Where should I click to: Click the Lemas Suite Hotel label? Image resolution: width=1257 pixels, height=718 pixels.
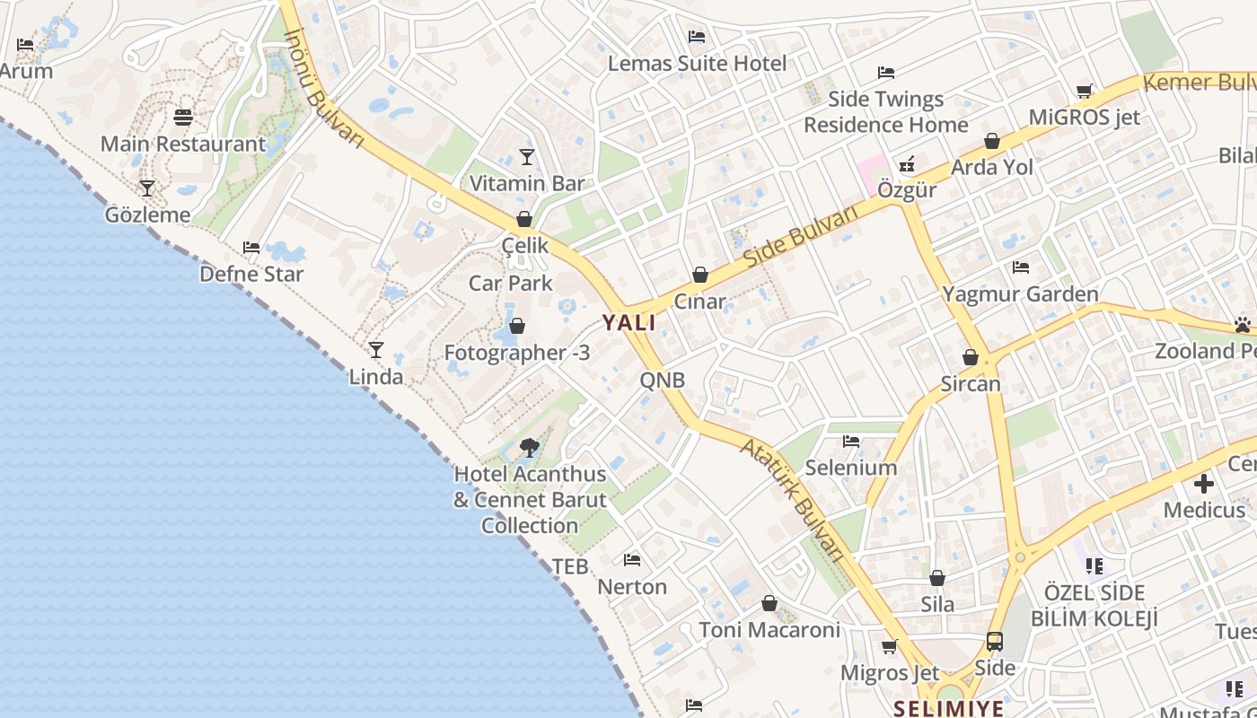697,64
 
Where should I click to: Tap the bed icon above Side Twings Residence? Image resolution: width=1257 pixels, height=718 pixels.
886,73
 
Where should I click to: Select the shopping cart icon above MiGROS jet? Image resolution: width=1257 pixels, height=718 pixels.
1084,91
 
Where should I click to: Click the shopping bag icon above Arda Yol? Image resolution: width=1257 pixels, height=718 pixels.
992,141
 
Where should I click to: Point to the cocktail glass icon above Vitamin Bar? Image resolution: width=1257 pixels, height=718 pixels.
527,157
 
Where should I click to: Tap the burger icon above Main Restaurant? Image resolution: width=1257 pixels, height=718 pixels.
183,118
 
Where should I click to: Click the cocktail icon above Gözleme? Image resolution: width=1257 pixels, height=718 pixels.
147,188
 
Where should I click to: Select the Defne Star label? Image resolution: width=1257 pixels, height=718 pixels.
251,274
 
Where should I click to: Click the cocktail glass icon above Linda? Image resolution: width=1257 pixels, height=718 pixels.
376,350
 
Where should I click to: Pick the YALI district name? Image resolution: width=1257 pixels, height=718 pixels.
628,323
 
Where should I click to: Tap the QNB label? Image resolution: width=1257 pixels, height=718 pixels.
663,381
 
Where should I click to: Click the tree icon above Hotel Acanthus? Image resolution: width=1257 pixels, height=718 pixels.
530,447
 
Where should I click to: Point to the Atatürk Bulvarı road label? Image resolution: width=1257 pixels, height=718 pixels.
794,499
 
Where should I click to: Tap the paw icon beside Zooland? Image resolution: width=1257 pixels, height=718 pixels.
1243,325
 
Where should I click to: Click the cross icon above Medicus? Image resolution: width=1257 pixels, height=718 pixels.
1204,485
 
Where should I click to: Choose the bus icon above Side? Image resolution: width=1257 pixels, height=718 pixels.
995,642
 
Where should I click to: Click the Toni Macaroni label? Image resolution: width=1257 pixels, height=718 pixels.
769,630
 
